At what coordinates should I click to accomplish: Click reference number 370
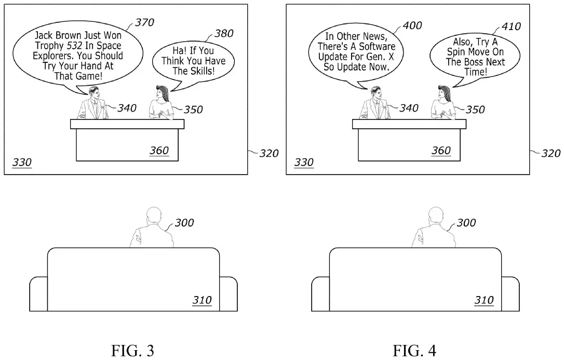click(x=144, y=22)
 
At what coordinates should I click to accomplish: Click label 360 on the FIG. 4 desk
click(x=441, y=151)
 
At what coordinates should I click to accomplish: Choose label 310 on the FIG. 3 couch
click(x=202, y=300)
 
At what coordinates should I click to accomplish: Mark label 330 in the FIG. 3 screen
click(x=22, y=163)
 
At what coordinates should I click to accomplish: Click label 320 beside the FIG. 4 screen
click(x=550, y=153)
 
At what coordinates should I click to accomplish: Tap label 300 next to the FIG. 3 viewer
click(x=184, y=223)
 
